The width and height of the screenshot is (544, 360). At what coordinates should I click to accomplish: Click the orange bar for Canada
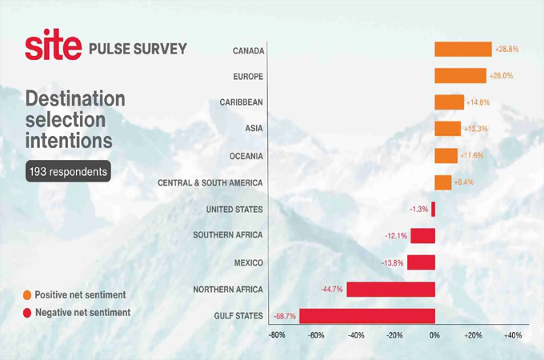click(463, 50)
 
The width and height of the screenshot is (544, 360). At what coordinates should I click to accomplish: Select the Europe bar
click(460, 76)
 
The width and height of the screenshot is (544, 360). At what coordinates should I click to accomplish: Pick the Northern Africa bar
click(390, 289)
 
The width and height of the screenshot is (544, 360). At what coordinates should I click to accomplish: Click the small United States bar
click(434, 210)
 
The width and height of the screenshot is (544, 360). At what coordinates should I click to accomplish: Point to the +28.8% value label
click(507, 50)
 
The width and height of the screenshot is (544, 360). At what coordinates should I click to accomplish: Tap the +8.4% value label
click(463, 182)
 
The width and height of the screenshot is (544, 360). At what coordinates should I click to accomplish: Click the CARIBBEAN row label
click(242, 102)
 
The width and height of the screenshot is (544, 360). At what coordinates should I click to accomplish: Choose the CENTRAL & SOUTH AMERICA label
click(210, 182)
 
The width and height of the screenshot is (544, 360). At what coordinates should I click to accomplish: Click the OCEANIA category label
click(245, 156)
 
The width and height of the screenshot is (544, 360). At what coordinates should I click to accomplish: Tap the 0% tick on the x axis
click(434, 335)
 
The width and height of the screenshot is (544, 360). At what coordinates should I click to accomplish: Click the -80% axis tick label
click(277, 335)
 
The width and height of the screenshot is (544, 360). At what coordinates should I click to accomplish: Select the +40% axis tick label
click(512, 335)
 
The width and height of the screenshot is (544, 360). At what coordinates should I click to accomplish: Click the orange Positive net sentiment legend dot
click(27, 295)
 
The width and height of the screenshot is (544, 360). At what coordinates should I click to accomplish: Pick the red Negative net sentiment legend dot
click(27, 312)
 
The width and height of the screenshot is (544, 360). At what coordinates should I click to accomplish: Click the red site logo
click(53, 48)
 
